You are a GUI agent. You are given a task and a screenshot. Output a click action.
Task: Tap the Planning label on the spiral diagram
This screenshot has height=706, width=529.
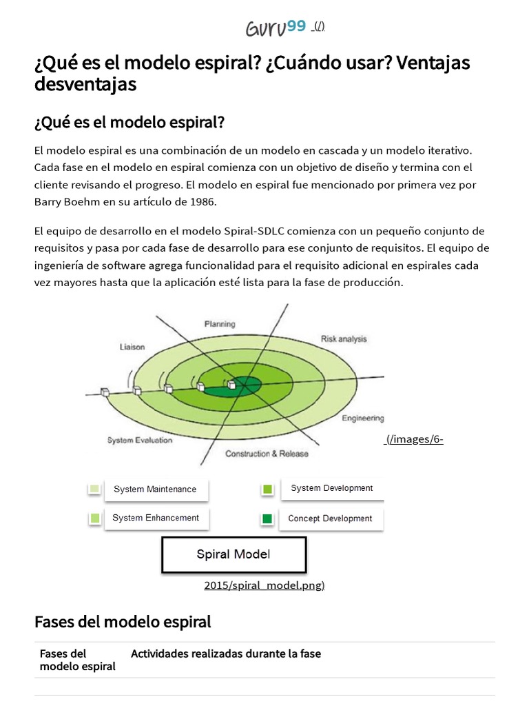coord(220,323)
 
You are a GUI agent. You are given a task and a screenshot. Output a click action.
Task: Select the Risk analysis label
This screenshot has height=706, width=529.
coord(344,339)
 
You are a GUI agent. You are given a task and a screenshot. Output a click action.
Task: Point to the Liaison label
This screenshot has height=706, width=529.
coord(132,347)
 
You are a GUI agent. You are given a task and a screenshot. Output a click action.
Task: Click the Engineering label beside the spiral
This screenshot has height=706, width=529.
coord(363,418)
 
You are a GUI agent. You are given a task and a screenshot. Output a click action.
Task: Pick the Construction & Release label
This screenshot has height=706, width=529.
coord(267,454)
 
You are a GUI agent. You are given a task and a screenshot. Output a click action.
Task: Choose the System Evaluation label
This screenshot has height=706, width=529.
coord(140,440)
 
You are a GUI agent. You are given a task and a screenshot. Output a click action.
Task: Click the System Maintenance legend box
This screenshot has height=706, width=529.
coord(155,490)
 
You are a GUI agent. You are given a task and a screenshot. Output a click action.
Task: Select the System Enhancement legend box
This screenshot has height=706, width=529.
coord(156,518)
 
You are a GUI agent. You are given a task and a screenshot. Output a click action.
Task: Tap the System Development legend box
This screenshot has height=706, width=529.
coord(331,488)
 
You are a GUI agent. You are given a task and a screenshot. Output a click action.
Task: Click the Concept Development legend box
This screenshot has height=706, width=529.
coord(330,518)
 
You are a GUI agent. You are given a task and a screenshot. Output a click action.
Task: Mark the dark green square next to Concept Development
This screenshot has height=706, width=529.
coord(267,518)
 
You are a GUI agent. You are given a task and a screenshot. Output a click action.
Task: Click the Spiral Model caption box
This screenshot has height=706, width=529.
coord(234,554)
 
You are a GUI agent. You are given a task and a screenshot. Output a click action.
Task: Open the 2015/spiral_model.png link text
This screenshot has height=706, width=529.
coord(264,585)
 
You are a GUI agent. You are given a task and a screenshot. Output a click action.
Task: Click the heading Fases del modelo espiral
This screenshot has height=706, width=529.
coord(123,622)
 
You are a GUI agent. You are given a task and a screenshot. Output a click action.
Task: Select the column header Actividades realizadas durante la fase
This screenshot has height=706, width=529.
coord(226,654)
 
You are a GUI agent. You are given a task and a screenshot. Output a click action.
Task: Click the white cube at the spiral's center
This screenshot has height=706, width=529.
coord(232,385)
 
